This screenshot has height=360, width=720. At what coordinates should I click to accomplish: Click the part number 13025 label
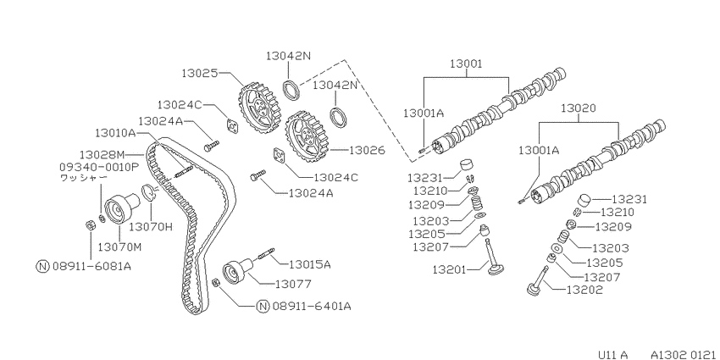click(x=199, y=73)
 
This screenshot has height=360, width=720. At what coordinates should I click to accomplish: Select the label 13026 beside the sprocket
click(x=367, y=150)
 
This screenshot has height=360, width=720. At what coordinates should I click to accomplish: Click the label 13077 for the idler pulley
click(x=293, y=285)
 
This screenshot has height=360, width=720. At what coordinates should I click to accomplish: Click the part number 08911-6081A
click(x=91, y=266)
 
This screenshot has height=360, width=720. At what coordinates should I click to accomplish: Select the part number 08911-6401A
click(x=312, y=306)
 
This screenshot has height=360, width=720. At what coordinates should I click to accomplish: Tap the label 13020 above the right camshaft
click(x=579, y=108)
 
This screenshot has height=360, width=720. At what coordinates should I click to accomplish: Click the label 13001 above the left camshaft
click(x=466, y=64)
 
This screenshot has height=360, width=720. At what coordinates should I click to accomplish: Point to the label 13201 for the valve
click(x=449, y=269)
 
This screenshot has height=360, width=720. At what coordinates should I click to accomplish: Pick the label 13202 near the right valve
click(x=585, y=290)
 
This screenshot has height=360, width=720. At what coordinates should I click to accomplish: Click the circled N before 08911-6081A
click(x=42, y=266)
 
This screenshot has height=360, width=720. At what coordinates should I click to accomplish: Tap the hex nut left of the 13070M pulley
click(x=91, y=225)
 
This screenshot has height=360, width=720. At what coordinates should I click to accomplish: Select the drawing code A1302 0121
click(x=683, y=354)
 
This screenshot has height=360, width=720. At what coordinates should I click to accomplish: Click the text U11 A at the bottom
click(x=612, y=354)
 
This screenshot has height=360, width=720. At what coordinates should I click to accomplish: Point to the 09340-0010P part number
click(x=99, y=166)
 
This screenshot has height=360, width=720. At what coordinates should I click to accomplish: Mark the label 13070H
click(x=150, y=226)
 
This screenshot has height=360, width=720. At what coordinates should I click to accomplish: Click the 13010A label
click(x=116, y=133)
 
